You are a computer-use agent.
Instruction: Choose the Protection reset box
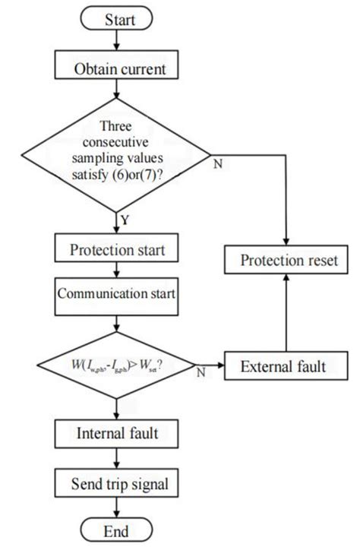point(286,262)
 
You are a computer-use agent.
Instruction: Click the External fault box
point(285,367)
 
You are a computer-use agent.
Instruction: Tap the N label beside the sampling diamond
point(217,164)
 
